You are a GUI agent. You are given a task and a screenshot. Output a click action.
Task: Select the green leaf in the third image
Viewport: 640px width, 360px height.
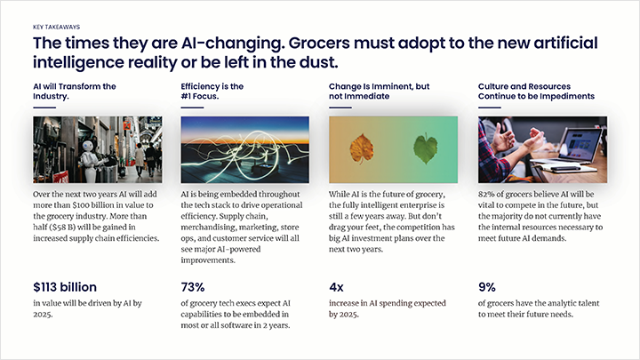pyautogui.click(x=427, y=148)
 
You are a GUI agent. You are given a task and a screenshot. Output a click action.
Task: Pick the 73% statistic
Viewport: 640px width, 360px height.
pyautogui.click(x=194, y=286)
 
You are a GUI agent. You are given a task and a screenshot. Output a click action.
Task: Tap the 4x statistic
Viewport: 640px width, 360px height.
pyautogui.click(x=337, y=286)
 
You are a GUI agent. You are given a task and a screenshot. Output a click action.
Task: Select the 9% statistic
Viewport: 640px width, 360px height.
pyautogui.click(x=487, y=286)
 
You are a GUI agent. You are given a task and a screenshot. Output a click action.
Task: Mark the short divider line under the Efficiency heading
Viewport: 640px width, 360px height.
pyautogui.click(x=192, y=108)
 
